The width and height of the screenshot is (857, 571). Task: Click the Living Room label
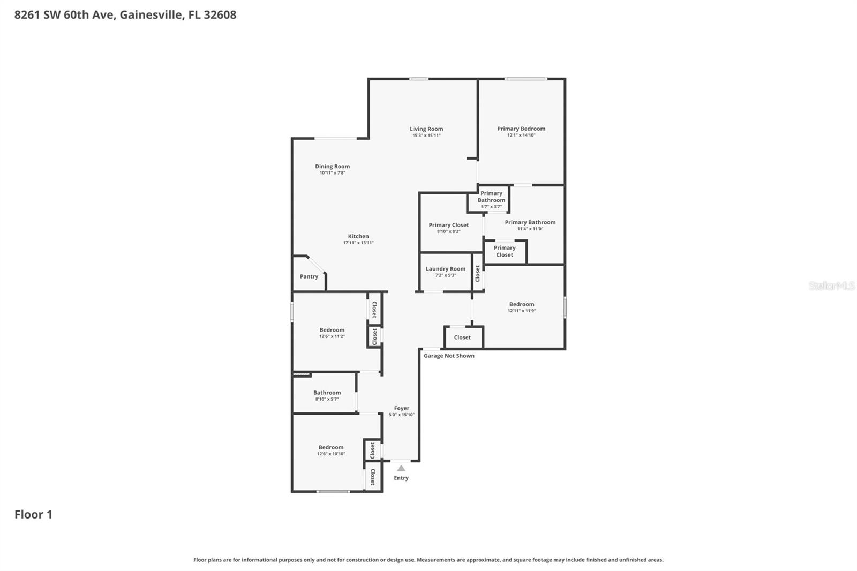tap(426, 129)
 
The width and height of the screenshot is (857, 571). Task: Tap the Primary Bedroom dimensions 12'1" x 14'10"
tap(521, 136)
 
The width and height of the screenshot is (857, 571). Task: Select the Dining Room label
tap(332, 167)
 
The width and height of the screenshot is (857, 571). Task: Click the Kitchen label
tap(358, 236)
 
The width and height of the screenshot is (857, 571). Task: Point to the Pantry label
tap(309, 276)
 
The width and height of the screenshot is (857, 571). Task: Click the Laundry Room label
tap(446, 269)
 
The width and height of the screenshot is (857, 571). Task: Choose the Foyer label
tap(402, 408)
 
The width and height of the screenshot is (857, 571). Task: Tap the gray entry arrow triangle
tap(401, 468)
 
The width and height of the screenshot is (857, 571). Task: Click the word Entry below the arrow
tap(401, 478)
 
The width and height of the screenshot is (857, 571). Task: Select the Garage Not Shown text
tap(449, 356)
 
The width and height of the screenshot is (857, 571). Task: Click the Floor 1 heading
tap(33, 514)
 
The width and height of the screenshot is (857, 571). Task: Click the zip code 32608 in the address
tap(220, 14)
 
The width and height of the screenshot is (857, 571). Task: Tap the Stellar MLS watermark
tap(831, 286)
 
